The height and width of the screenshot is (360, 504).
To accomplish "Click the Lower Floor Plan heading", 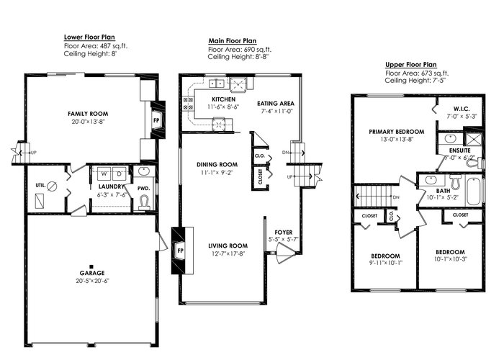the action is (x=89, y=37).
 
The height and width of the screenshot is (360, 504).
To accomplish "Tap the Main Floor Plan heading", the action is (x=233, y=41).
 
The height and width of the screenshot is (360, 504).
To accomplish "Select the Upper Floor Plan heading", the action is (x=411, y=65).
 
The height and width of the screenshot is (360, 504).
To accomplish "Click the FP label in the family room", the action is (x=156, y=120).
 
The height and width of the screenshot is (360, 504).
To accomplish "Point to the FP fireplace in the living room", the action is (x=181, y=251).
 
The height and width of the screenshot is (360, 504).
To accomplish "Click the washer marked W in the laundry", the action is (x=104, y=174).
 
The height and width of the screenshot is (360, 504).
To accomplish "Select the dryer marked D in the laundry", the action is (x=120, y=174).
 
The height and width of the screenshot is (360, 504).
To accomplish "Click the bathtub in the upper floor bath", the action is (x=474, y=192).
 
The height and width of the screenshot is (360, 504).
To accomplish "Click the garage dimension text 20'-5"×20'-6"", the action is (x=93, y=281).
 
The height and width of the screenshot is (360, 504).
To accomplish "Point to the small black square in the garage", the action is (x=91, y=266).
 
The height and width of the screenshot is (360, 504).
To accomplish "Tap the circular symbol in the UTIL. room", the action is (x=52, y=186).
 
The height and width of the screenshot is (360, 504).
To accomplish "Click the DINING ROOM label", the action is (x=217, y=165).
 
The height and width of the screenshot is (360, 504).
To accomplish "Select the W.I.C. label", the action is (x=462, y=108).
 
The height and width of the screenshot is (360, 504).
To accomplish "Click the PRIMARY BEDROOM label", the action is (x=397, y=132).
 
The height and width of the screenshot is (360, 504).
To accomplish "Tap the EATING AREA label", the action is (x=276, y=104).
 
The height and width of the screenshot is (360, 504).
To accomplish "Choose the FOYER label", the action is (x=284, y=233).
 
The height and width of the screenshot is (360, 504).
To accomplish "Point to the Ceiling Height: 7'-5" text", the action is (x=415, y=81).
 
